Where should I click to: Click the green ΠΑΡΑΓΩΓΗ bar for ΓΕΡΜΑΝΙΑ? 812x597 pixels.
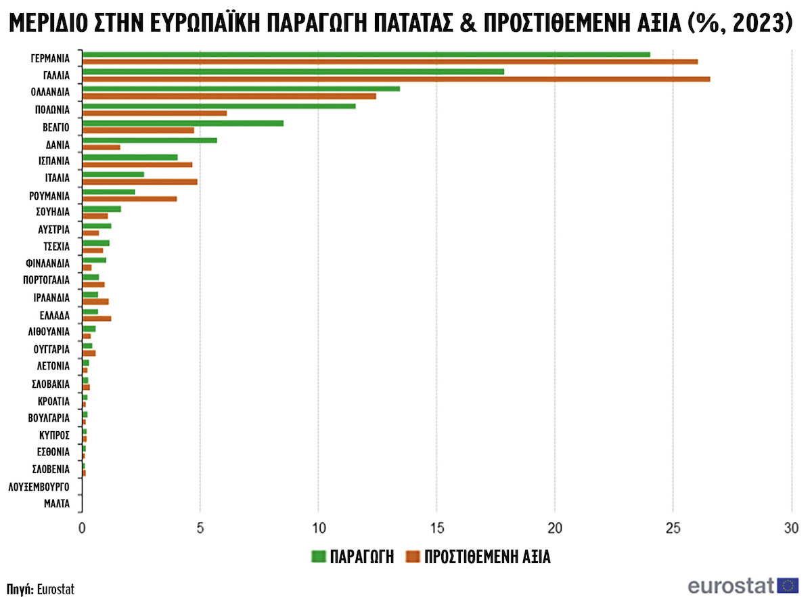coord(365,55)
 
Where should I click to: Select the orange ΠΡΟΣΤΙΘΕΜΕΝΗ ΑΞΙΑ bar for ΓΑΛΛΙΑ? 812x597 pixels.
coord(396,79)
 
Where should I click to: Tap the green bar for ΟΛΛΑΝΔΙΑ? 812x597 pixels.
coord(241,89)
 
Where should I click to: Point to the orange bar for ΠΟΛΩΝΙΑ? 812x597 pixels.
coord(154,113)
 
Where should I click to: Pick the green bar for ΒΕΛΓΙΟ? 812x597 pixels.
coord(183,123)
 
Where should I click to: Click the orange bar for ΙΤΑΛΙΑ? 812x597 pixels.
coord(139,181)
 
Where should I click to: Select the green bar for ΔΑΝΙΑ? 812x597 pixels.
coord(150,140)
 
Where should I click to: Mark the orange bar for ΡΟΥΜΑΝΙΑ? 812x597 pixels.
coord(129,199)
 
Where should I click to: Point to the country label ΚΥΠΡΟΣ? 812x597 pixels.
coord(55,435)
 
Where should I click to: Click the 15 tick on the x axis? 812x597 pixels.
coord(436,528)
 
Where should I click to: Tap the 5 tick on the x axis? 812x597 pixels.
coord(200,528)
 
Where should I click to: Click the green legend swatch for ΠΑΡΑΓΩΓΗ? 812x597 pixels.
coord(319,557)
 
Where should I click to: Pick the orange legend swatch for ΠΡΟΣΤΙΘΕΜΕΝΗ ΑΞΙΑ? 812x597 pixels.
coord(413,557)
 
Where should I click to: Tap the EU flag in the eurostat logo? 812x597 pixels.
coord(788,585)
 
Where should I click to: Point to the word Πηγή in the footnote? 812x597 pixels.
coord(20,588)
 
